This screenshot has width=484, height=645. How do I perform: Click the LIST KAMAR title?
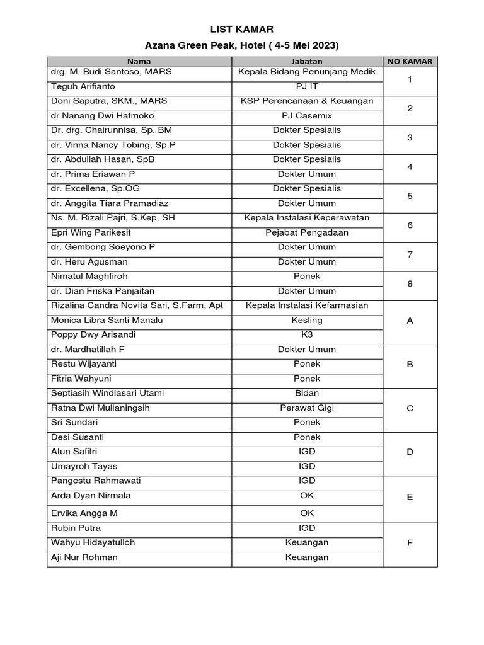242,29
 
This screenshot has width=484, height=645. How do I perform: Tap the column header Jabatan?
307,62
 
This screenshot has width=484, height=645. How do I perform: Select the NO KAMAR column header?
410,62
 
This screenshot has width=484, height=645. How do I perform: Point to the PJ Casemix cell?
307,116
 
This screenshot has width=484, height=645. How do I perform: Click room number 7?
410,254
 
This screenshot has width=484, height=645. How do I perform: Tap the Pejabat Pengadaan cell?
307,232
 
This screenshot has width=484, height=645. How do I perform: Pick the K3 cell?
307,334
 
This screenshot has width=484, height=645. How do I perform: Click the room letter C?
410,408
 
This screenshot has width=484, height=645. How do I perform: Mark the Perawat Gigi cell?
307,408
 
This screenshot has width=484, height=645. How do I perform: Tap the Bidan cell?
307,393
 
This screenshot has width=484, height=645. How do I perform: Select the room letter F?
410,543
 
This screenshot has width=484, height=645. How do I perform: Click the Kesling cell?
307,320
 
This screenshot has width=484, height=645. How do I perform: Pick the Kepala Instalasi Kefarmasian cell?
307,305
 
